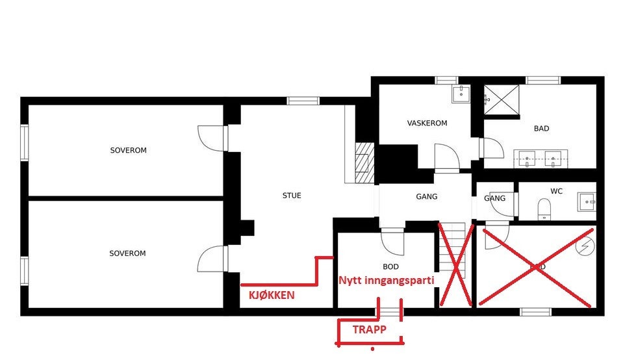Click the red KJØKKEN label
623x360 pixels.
(272, 295)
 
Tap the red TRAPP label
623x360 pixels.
(369, 329)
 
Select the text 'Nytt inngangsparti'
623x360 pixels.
(386, 280)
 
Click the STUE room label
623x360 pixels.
(292, 196)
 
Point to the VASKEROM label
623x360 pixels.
(427, 123)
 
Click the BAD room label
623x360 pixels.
(541, 129)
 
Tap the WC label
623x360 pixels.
(556, 192)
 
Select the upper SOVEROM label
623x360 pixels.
(128, 150)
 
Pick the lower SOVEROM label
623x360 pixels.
(127, 253)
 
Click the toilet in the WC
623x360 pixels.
(544, 208)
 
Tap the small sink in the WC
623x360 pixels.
(587, 202)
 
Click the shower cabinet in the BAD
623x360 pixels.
(502, 99)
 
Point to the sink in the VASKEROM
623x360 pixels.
(461, 94)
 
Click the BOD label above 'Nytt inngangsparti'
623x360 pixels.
(390, 266)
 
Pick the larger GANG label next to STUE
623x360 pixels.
(426, 196)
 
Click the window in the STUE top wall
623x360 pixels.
(303, 101)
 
